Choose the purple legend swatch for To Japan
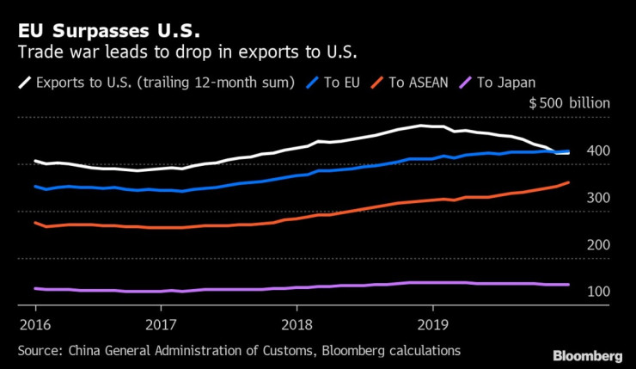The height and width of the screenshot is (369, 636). [465, 83]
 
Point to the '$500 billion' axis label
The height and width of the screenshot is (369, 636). [569, 103]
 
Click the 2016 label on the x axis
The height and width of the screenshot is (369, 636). [34, 325]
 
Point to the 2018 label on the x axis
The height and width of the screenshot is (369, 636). [297, 325]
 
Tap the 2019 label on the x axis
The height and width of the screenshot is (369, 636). [431, 325]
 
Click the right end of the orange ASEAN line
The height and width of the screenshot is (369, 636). [568, 182]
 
